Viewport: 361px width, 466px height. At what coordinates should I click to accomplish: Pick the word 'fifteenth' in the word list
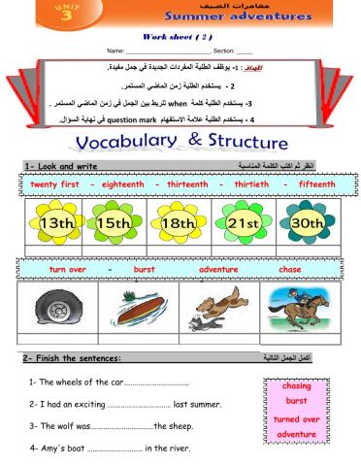[314, 183]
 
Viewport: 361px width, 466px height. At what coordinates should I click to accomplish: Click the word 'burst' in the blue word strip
[145, 268]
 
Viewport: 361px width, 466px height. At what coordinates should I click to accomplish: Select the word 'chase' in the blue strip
[290, 268]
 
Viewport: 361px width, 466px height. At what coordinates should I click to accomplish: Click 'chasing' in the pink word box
[296, 384]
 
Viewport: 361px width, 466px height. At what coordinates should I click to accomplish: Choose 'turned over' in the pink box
[297, 418]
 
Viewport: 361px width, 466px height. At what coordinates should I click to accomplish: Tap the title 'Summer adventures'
[248, 17]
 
